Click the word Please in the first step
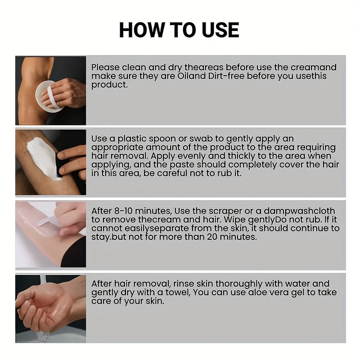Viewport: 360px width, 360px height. (x=105, y=67)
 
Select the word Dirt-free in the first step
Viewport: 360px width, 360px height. (x=226, y=76)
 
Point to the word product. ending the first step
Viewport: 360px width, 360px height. (x=109, y=85)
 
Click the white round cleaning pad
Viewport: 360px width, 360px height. (x=49, y=96)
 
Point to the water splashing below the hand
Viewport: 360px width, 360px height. (x=44, y=336)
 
